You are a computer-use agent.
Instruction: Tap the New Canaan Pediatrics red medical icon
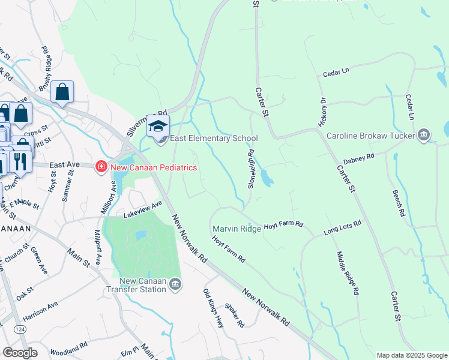click(101, 166)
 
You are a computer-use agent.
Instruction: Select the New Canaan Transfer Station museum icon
click(175, 284)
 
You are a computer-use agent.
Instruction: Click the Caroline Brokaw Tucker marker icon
click(424, 134)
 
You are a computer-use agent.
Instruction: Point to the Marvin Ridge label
click(237, 229)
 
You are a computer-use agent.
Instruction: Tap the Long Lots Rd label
click(342, 227)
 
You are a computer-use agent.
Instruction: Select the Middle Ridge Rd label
click(348, 273)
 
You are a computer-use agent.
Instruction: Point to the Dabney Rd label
click(358, 159)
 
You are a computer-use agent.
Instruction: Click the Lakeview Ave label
click(143, 207)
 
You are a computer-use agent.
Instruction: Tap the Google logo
click(20, 353)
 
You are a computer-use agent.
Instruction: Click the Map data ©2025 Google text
click(411, 355)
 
